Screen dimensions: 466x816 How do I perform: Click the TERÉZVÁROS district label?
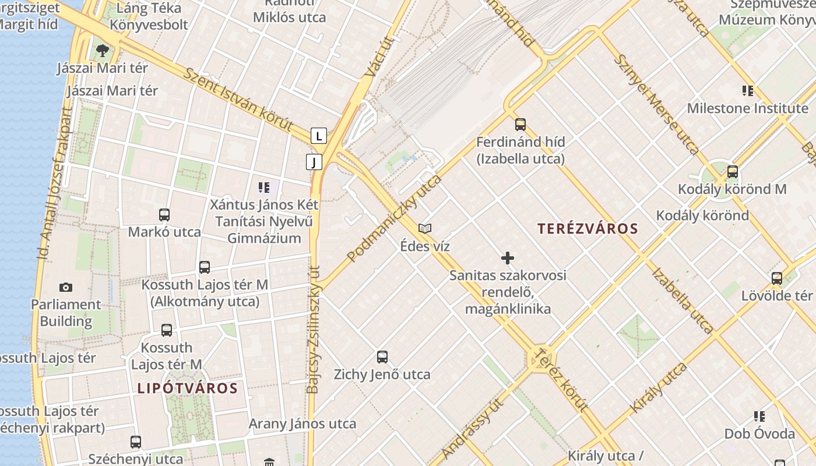tap(588, 228)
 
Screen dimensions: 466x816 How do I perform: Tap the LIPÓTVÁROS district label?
tap(187, 388)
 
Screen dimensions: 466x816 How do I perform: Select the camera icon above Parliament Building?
tap(66, 287)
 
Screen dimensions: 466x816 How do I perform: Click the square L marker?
tap(318, 136)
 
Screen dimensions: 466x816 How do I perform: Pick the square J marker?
tap(314, 161)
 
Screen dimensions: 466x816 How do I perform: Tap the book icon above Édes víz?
tap(425, 228)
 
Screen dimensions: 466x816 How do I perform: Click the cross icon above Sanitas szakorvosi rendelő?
tap(508, 257)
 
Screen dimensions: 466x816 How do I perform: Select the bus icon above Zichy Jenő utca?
tap(382, 356)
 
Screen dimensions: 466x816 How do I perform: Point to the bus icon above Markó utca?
tap(164, 214)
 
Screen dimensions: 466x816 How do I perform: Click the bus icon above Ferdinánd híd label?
tap(520, 124)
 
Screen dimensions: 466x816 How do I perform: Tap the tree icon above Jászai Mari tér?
tap(103, 50)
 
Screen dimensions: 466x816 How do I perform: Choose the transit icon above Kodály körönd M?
tap(733, 172)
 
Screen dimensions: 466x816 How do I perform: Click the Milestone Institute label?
tap(747, 108)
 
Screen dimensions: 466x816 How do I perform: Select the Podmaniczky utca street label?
tap(395, 218)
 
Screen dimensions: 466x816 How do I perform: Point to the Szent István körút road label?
tap(238, 99)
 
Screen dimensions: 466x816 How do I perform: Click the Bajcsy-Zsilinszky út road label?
tap(313, 329)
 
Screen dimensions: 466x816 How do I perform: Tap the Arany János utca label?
tap(302, 423)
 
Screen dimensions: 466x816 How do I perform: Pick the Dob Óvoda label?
tap(759, 434)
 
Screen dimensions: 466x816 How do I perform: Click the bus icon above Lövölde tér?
tap(776, 278)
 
